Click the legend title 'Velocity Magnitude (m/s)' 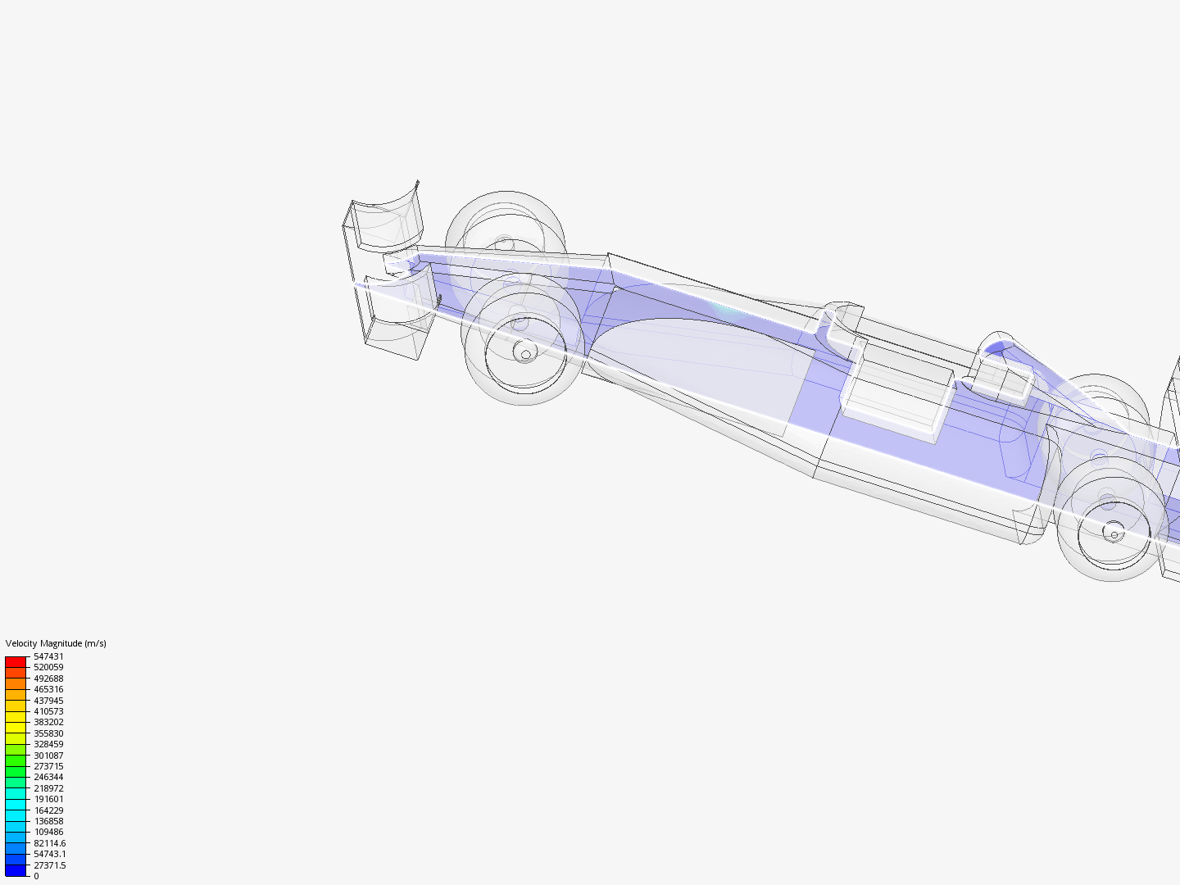coord(56,643)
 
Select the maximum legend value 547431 coord(48,656)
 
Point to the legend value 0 coord(36,876)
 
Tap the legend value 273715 coord(48,766)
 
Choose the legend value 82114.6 coord(49,843)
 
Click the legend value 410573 coord(48,711)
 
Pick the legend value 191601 coord(48,799)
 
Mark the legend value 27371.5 coord(49,865)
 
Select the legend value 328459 coord(48,744)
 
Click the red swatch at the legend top coord(16,661)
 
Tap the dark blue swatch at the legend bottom coord(16,870)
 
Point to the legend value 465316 coord(48,689)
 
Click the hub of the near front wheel coord(524,352)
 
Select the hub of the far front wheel coord(506,243)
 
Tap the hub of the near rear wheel coord(1114,533)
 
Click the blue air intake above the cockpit coord(996,348)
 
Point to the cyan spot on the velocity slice coord(725,309)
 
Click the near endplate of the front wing coord(397,315)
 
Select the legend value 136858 coord(48,821)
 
